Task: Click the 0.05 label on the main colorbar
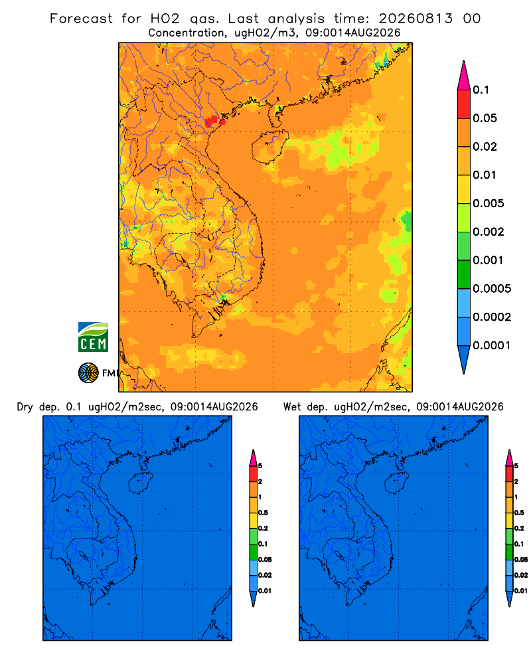click(485, 118)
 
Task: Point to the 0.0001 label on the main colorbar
click(492, 345)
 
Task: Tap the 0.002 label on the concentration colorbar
click(489, 232)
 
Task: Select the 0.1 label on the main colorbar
click(481, 90)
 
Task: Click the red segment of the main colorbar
click(464, 104)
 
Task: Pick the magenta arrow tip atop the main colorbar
click(464, 76)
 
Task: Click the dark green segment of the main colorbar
click(464, 274)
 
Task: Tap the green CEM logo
click(93, 337)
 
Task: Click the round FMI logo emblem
click(88, 373)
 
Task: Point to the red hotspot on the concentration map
click(214, 122)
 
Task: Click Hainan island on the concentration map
click(269, 147)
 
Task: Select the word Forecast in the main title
click(81, 19)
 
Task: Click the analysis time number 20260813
click(416, 19)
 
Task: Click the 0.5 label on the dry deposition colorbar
click(263, 513)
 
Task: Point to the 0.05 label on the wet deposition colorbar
click(521, 560)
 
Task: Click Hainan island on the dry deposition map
click(140, 483)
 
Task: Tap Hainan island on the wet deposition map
click(396, 483)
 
